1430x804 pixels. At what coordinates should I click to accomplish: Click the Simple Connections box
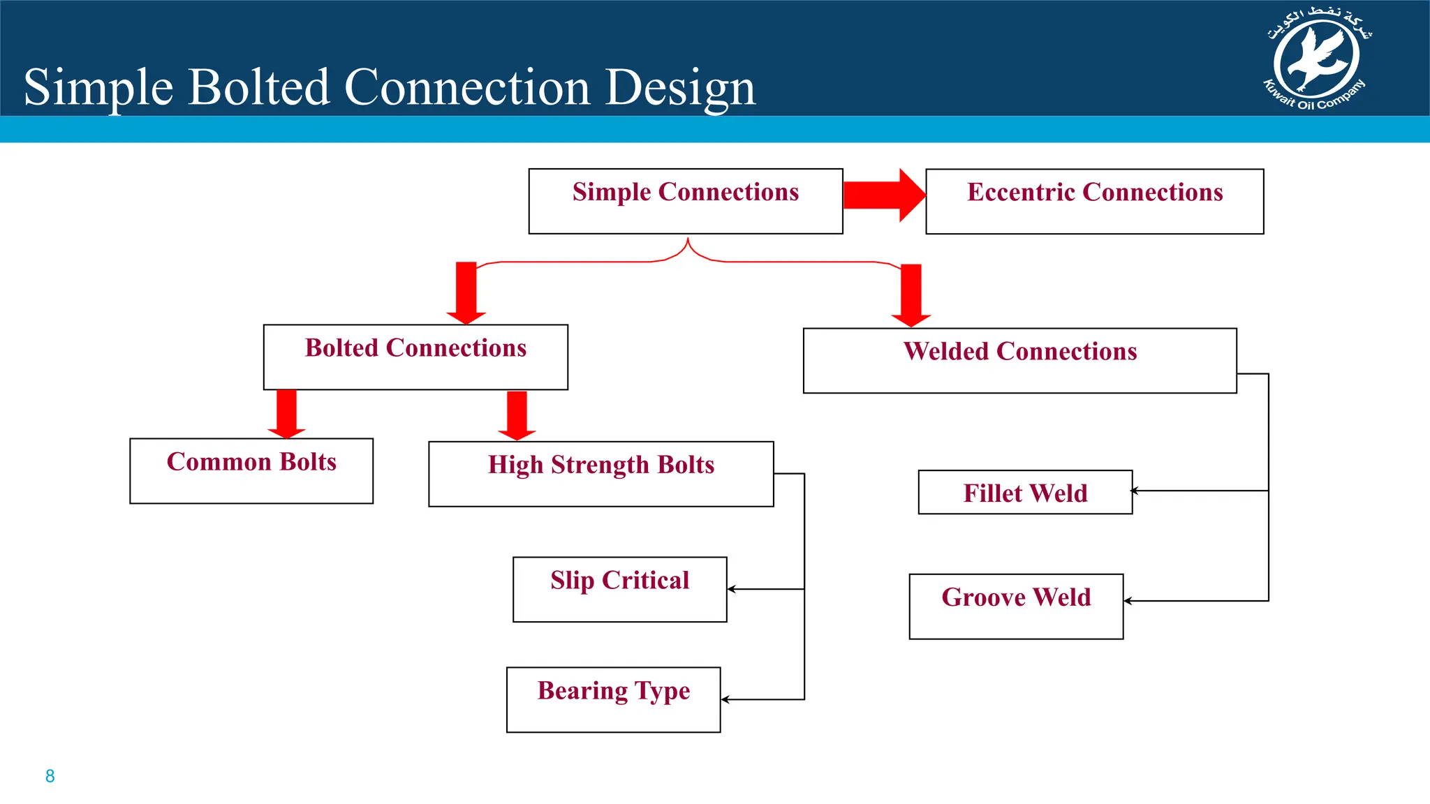[x=685, y=201]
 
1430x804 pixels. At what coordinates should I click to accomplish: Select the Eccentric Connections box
[x=1094, y=201]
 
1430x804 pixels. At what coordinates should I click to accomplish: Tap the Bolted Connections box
[x=415, y=357]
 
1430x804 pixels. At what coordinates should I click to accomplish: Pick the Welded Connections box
[x=1019, y=360]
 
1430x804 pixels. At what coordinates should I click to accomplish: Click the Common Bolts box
[x=251, y=470]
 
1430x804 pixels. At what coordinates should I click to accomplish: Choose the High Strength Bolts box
[x=600, y=473]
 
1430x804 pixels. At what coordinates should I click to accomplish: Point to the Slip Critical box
[x=619, y=589]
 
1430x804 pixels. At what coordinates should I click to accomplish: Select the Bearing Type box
[x=613, y=699]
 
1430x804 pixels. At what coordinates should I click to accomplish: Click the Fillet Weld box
[x=1024, y=492]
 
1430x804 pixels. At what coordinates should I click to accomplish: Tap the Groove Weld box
[x=1016, y=606]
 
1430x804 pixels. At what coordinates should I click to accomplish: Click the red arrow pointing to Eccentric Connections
[x=884, y=195]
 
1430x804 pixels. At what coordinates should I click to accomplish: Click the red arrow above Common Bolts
[x=286, y=414]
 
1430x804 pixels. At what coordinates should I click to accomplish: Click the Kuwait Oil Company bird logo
[x=1316, y=59]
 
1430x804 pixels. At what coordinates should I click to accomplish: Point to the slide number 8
[x=50, y=776]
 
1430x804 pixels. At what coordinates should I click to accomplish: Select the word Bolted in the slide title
[x=258, y=88]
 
